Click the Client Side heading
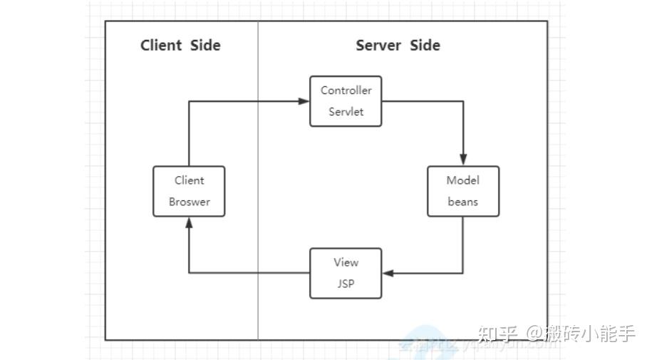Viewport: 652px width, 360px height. tap(180, 46)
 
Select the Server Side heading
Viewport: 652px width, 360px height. tap(398, 46)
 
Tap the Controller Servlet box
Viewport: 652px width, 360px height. tap(346, 101)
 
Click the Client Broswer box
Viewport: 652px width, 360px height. tap(189, 191)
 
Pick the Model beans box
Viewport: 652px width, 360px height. tap(463, 191)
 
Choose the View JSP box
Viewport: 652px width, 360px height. tap(346, 273)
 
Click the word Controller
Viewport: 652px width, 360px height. tap(346, 91)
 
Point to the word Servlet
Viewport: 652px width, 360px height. tap(346, 112)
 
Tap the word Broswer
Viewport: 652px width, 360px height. tap(189, 202)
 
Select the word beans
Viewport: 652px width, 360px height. tap(463, 202)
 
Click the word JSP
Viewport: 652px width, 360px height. tap(346, 284)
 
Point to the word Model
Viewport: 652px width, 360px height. tap(463, 180)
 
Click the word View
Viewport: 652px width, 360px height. tap(346, 262)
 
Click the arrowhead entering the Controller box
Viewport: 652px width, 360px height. tap(304, 101)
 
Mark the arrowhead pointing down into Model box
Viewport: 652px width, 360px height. tap(463, 160)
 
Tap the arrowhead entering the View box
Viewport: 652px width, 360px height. tap(387, 273)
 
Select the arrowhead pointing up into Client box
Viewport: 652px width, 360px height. tap(189, 222)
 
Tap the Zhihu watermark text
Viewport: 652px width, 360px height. tap(556, 333)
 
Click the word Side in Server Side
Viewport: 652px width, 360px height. tap(425, 46)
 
